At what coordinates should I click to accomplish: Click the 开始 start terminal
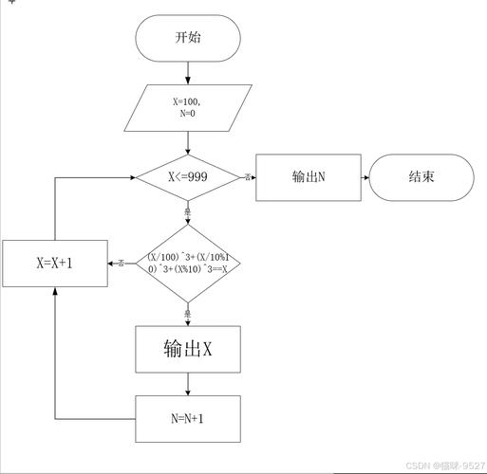(188, 39)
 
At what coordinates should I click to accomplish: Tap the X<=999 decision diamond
(188, 176)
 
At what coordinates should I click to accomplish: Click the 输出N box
(309, 176)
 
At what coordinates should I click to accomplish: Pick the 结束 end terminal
(421, 176)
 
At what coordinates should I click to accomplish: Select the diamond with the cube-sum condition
(188, 263)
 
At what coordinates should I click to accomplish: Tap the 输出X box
(188, 350)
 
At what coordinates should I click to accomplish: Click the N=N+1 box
(188, 418)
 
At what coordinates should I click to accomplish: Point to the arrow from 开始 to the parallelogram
(188, 72)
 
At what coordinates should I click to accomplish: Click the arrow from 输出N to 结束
(365, 176)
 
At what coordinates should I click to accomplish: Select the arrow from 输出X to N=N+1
(188, 384)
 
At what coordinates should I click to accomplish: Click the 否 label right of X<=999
(248, 177)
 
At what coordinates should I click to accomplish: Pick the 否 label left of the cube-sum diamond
(122, 263)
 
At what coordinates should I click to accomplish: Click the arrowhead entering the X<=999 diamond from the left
(131, 176)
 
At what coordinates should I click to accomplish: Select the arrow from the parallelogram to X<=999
(188, 142)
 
